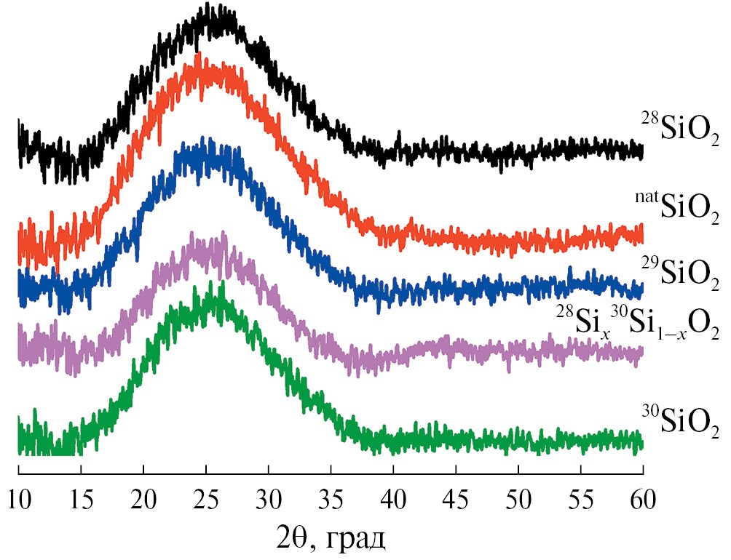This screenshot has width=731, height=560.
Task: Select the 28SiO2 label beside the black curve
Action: (680, 130)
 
